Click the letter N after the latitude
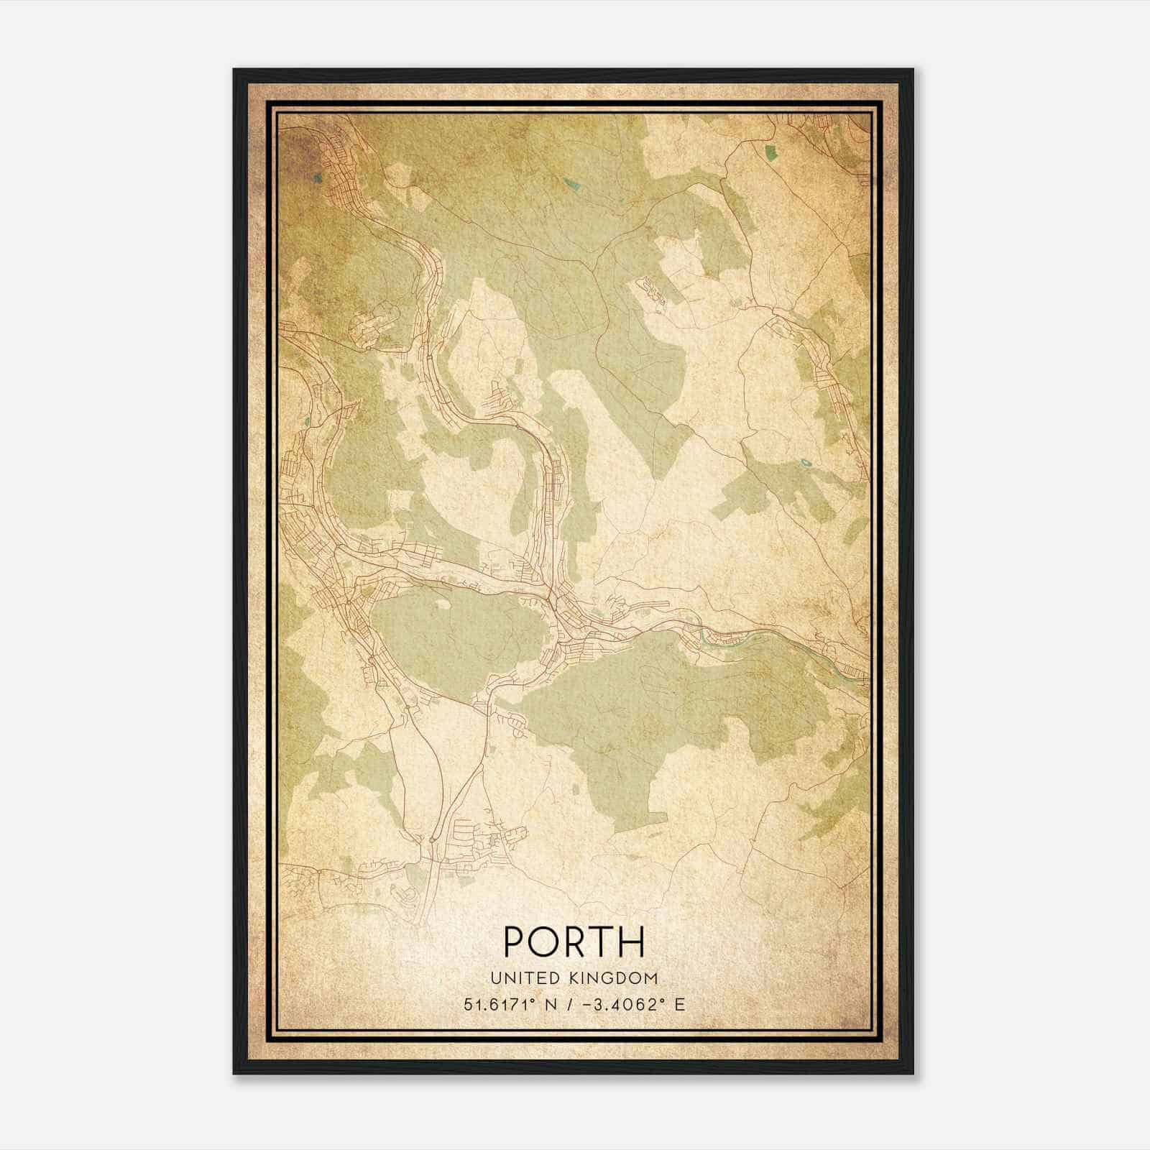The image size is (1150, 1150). pyautogui.click(x=551, y=1004)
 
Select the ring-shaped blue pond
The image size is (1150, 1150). pyautogui.click(x=804, y=464)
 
